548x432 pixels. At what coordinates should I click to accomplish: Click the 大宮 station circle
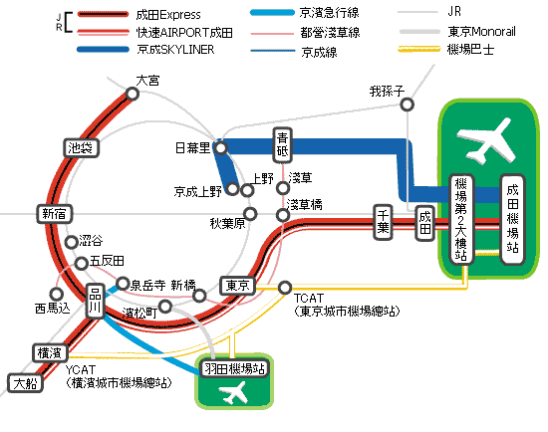133,94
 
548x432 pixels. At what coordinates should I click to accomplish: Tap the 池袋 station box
81,148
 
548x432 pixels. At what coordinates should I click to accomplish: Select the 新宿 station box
55,214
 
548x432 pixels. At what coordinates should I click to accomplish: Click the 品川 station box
95,301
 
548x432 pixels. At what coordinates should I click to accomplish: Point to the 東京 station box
238,286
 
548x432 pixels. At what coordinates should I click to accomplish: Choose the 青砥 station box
282,145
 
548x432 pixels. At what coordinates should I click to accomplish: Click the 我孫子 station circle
408,105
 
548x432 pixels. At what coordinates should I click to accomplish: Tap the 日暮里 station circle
220,148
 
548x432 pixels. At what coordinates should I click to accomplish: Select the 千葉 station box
383,222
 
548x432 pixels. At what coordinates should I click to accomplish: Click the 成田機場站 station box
513,219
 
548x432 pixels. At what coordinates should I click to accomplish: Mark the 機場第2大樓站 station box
461,219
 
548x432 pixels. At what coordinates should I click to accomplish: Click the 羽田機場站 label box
234,368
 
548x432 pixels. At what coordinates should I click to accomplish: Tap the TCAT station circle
285,288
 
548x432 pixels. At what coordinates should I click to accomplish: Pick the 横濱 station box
50,353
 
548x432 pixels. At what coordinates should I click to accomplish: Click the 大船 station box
25,383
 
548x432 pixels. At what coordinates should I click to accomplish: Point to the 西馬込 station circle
56,294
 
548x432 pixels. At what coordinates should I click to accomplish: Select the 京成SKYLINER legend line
103,50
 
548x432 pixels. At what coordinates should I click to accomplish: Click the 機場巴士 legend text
470,49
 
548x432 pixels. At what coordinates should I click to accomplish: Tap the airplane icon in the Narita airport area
486,141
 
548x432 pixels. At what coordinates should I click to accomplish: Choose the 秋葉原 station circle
250,214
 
